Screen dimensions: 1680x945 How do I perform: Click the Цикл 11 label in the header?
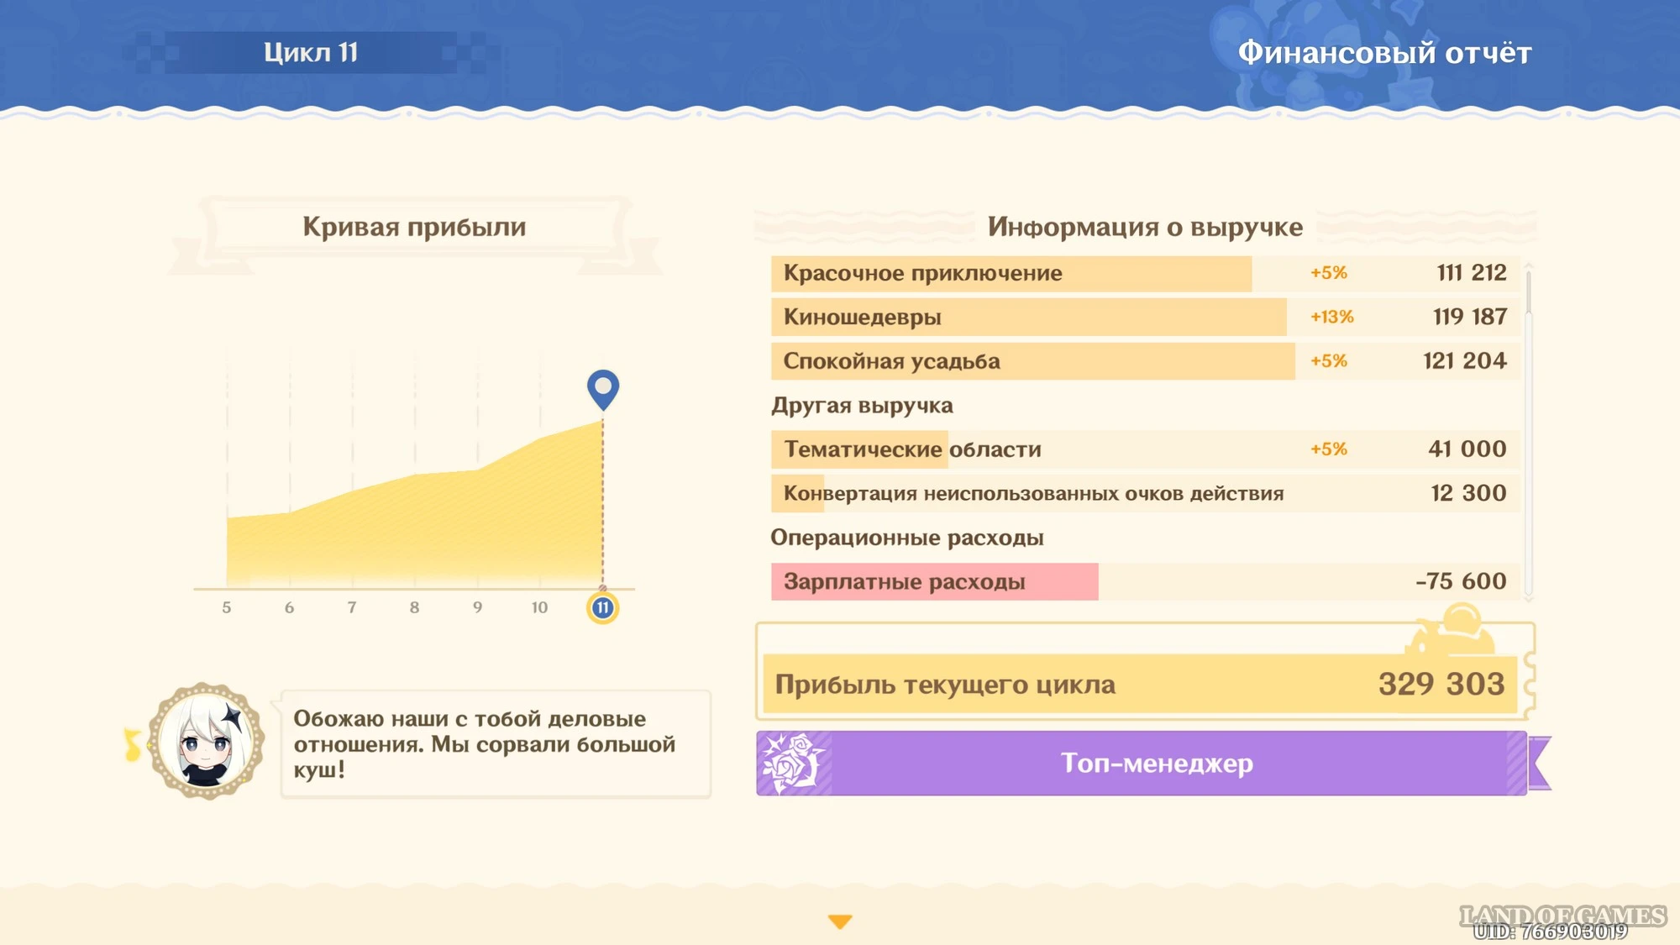pos(311,52)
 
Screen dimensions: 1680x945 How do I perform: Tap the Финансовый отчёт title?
pos(1384,53)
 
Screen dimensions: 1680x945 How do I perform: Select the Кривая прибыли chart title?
pos(414,227)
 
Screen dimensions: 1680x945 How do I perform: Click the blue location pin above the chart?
pos(602,390)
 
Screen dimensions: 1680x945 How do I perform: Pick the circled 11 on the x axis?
pos(602,607)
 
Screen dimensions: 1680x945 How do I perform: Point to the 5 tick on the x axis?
pos(227,607)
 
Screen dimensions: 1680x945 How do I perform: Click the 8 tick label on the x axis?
pos(414,607)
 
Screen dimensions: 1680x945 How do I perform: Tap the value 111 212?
pos(1471,273)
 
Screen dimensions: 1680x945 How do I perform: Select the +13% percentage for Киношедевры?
pos(1332,317)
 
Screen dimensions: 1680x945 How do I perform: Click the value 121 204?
pos(1464,361)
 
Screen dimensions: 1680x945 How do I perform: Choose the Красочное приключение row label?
pos(922,274)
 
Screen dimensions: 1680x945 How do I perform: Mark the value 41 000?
pos(1467,449)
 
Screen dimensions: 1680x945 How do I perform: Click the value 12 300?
pos(1468,493)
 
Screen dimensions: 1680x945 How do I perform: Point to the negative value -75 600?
pos(1461,581)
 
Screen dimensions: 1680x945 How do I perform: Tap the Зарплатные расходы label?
pos(904,582)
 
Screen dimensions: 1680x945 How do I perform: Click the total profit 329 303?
pos(1441,684)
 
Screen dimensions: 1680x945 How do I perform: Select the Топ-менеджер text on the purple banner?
pos(1157,763)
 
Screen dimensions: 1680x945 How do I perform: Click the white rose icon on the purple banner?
pos(791,763)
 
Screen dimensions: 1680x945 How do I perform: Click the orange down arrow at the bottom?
pos(840,921)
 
